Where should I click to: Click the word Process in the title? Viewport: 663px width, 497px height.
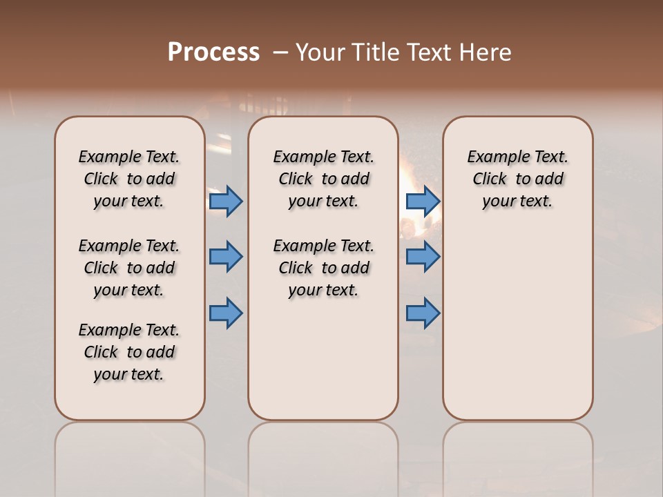click(x=213, y=52)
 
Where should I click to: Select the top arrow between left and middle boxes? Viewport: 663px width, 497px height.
click(x=226, y=201)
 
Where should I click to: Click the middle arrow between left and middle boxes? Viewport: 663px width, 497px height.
click(x=226, y=257)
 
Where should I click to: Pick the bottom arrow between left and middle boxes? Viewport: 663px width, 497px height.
click(x=226, y=313)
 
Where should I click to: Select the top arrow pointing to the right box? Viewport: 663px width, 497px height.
click(x=423, y=201)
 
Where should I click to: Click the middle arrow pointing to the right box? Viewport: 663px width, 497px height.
click(x=423, y=257)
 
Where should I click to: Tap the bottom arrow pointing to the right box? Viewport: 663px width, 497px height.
click(x=423, y=313)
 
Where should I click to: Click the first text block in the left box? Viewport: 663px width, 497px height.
click(x=129, y=179)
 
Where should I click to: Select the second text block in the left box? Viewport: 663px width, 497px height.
click(x=129, y=268)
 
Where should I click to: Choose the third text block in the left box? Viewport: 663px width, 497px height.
click(x=129, y=352)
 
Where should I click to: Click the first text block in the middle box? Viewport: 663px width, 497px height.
click(x=324, y=179)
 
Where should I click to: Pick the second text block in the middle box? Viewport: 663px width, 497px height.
click(x=324, y=268)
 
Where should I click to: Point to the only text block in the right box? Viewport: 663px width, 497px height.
click(x=518, y=179)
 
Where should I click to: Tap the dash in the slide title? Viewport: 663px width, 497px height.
click(x=280, y=52)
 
